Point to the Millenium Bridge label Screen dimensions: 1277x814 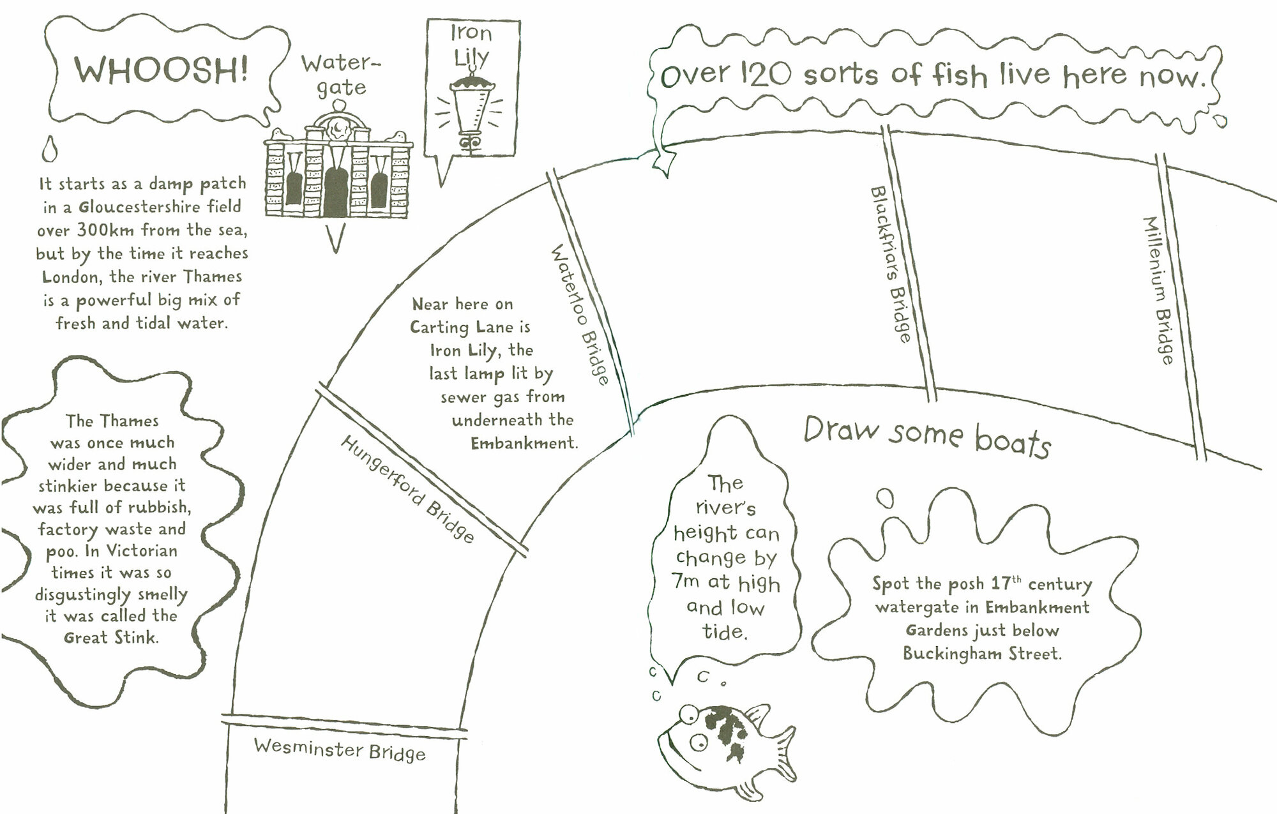pyautogui.click(x=1159, y=290)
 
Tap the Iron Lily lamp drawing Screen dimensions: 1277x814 pyautogui.click(x=472, y=112)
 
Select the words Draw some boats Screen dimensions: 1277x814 pyautogui.click(x=926, y=436)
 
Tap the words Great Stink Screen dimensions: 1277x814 pyautogui.click(x=110, y=637)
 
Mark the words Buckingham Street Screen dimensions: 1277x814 pyautogui.click(x=982, y=654)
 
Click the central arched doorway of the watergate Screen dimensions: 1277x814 pyautogui.click(x=335, y=192)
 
